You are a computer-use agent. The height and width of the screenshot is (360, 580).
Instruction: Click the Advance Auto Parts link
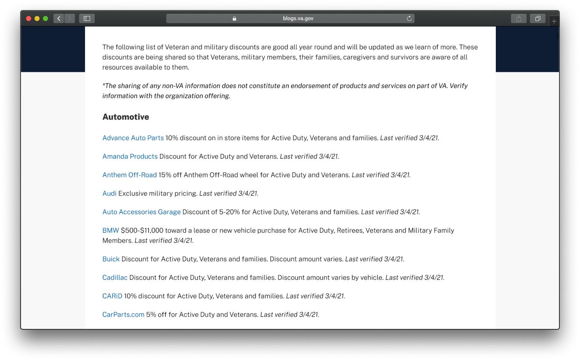(133, 138)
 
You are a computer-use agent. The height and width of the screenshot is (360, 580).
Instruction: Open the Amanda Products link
(130, 156)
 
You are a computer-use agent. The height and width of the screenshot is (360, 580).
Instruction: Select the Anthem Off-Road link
(129, 175)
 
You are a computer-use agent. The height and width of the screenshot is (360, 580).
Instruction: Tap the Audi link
(109, 193)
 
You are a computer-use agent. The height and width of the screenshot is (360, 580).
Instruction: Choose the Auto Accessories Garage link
(141, 212)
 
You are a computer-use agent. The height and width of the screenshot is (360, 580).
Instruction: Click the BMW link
(110, 230)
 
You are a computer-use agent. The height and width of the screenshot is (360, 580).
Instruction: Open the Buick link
(111, 259)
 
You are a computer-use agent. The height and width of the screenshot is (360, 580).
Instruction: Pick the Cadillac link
(114, 278)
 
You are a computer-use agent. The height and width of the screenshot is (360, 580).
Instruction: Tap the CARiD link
(112, 296)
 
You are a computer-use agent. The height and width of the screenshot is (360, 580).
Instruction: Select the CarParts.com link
(123, 315)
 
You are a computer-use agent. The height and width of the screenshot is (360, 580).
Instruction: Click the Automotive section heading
(125, 117)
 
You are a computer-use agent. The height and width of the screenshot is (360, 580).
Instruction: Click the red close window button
(29, 19)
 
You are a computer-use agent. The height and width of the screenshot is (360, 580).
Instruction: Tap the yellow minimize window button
(37, 19)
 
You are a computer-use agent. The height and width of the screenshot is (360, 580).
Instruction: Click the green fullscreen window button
(45, 19)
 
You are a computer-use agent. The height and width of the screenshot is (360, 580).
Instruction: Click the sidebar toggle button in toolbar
(87, 19)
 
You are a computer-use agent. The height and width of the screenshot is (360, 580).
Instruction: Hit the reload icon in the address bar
(409, 19)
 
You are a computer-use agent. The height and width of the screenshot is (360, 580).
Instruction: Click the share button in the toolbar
(519, 19)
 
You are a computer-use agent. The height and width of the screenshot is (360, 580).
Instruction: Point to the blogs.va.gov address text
(298, 19)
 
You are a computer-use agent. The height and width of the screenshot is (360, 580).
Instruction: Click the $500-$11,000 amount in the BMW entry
(142, 230)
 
